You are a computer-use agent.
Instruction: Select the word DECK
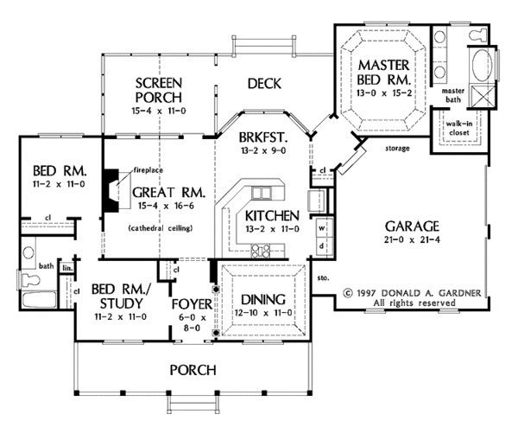pos(266,84)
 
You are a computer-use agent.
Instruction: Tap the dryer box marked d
pos(321,245)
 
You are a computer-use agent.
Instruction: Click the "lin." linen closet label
pos(66,269)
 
